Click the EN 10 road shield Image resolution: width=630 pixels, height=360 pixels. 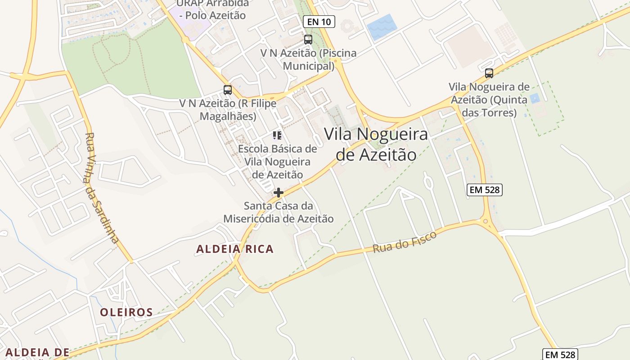(x=319, y=21)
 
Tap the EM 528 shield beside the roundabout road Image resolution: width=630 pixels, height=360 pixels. (x=484, y=190)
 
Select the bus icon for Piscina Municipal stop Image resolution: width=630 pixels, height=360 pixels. (x=308, y=39)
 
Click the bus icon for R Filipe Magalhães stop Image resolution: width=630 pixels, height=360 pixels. (x=228, y=90)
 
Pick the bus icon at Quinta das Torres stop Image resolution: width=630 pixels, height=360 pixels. (x=489, y=73)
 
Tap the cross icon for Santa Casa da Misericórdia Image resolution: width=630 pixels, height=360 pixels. (x=279, y=193)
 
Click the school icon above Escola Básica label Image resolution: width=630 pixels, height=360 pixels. (x=277, y=135)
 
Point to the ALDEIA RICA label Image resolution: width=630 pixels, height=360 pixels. (x=235, y=249)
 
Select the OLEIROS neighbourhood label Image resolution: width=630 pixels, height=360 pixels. (x=126, y=312)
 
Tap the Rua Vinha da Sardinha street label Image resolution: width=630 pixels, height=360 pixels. (x=102, y=188)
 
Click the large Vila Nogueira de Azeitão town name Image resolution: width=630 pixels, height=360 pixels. (x=376, y=144)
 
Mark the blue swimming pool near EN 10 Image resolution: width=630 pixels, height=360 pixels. (x=382, y=27)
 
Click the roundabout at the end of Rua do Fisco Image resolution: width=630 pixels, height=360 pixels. (x=485, y=221)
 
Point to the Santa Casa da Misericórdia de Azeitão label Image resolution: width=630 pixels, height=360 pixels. (x=279, y=212)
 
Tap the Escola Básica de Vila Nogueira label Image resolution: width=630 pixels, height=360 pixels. (x=277, y=162)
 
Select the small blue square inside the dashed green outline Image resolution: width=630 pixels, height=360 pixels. (x=535, y=98)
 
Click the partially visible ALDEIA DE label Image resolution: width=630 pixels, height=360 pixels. (x=37, y=352)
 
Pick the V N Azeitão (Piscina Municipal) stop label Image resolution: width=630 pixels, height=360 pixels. (x=308, y=59)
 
